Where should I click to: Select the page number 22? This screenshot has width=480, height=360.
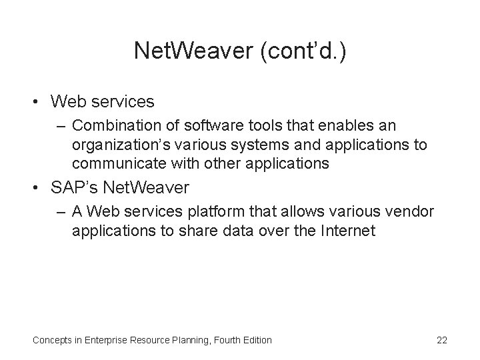(x=441, y=340)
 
